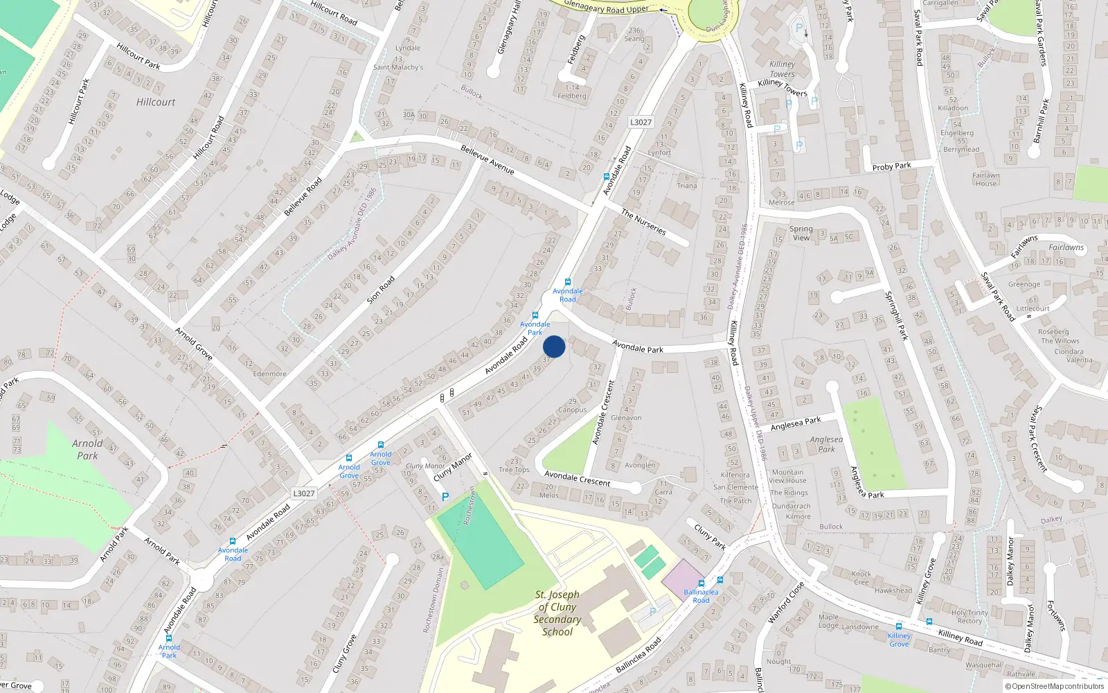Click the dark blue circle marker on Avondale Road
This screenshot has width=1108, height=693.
click(x=554, y=346)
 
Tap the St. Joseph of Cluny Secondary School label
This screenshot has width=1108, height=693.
click(x=557, y=613)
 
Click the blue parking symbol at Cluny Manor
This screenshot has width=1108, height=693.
click(x=445, y=497)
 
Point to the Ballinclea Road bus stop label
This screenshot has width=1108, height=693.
click(x=701, y=596)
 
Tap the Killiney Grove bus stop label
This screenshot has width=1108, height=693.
click(x=899, y=640)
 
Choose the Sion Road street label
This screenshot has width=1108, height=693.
click(x=381, y=290)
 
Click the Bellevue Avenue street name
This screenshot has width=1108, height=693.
click(x=488, y=159)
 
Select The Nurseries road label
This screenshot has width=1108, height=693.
click(x=643, y=222)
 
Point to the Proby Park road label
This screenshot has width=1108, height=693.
click(x=891, y=166)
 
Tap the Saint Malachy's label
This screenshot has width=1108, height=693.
click(x=397, y=67)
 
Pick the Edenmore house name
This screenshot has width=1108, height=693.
click(x=269, y=374)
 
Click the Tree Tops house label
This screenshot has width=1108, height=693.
click(x=514, y=470)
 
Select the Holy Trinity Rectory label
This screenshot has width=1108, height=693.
click(x=969, y=617)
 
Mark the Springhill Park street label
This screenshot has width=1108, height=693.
click(x=896, y=315)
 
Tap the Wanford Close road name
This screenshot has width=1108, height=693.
click(x=786, y=602)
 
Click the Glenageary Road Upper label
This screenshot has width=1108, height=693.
click(x=606, y=8)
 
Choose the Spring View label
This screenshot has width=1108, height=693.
click(x=801, y=233)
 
